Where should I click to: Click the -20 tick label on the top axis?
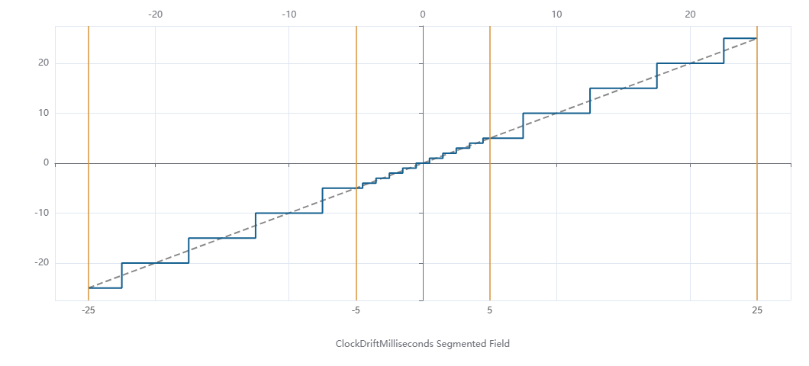155,14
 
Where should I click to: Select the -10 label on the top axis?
288,14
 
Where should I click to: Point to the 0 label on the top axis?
423,14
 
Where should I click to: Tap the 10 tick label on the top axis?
556,14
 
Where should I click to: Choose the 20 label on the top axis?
690,14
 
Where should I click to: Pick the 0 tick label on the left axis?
46,163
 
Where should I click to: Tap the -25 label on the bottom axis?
89,310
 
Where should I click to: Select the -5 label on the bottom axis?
356,310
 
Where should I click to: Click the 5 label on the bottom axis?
490,310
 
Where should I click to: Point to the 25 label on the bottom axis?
756,310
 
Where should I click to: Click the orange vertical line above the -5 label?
356,91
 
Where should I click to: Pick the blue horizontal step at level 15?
623,88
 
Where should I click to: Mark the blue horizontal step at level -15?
222,239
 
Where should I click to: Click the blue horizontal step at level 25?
740,38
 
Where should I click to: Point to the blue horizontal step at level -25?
105,287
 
